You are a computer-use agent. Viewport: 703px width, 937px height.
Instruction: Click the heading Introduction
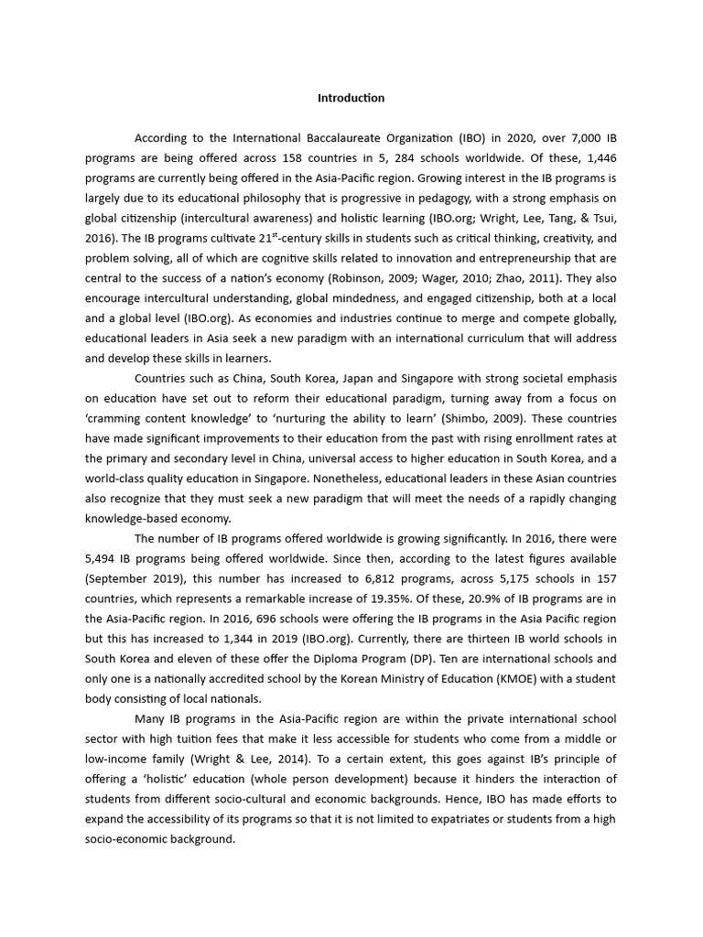(x=351, y=98)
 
